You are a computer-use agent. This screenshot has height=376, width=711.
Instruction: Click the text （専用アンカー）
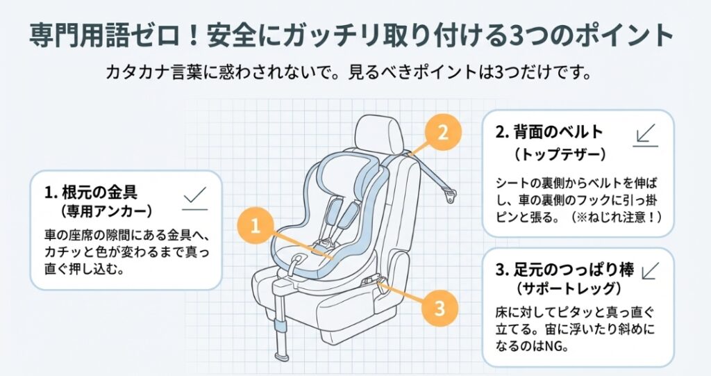[x=106, y=211]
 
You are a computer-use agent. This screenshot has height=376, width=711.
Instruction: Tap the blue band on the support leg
[x=281, y=327]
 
